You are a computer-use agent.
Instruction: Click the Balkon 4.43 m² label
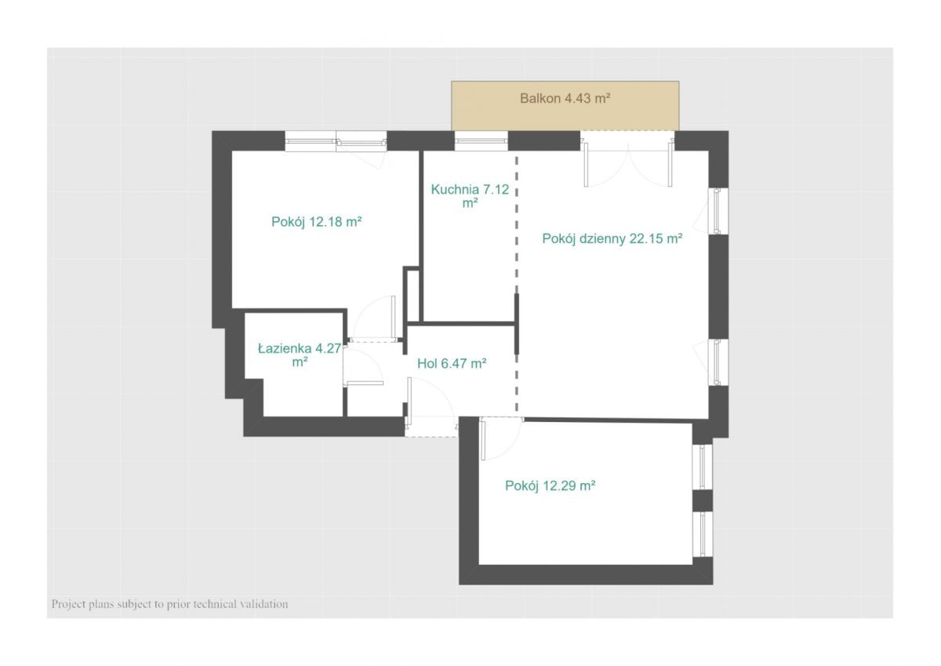click(x=565, y=98)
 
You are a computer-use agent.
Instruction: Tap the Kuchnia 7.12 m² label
click(x=470, y=196)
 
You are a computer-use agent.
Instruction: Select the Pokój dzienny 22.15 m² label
click(x=612, y=238)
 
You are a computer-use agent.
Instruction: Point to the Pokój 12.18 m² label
click(x=316, y=221)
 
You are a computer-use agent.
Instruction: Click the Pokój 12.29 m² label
click(x=550, y=486)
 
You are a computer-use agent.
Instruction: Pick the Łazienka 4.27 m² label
click(x=299, y=355)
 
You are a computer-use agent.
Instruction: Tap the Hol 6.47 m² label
click(x=452, y=363)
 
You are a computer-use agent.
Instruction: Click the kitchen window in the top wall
click(x=481, y=140)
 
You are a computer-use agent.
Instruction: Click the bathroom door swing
click(x=364, y=365)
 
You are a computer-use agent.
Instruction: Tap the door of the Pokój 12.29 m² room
click(x=501, y=439)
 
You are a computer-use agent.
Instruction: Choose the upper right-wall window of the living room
click(x=716, y=210)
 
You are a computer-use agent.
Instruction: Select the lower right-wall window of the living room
click(x=716, y=362)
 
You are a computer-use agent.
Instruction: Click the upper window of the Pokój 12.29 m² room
click(x=703, y=467)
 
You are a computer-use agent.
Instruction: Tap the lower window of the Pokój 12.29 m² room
click(x=703, y=534)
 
